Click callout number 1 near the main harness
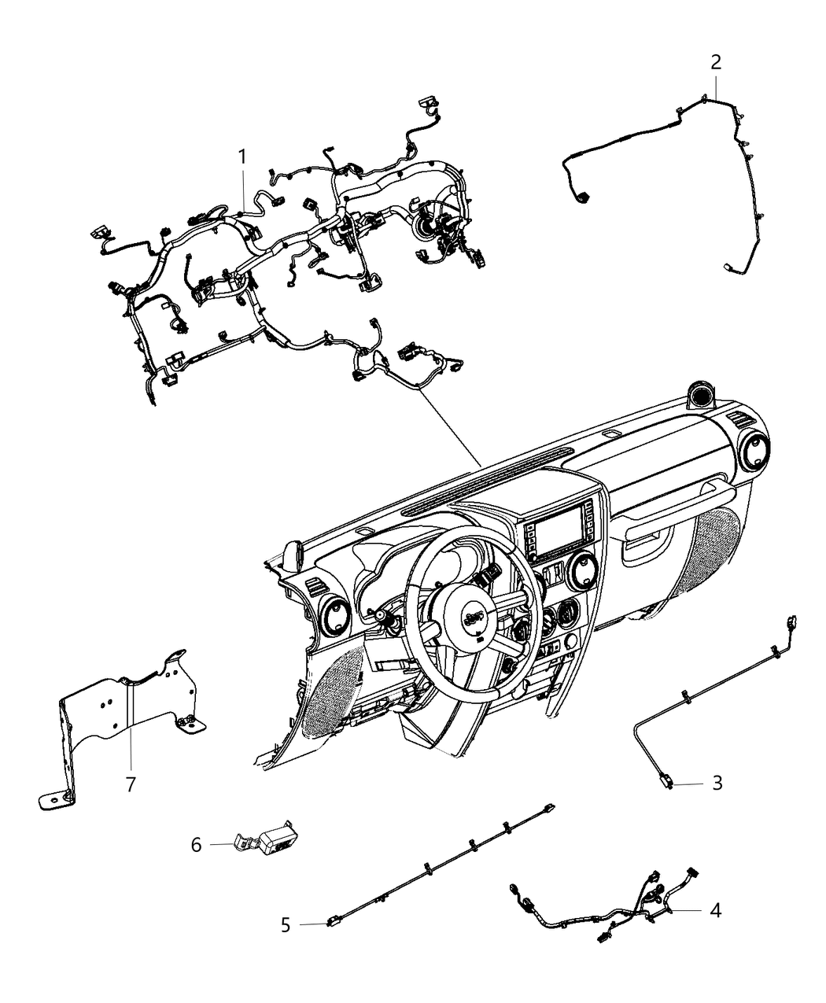click(242, 157)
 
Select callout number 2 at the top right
click(715, 62)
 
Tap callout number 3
click(717, 783)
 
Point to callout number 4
click(715, 910)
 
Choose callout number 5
click(286, 924)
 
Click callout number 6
click(196, 845)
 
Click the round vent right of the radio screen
click(585, 570)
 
